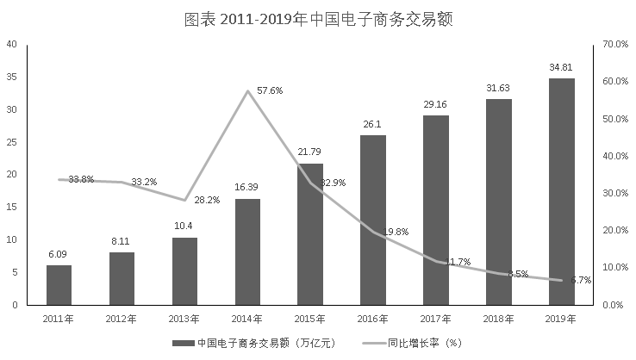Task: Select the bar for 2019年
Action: tap(561, 191)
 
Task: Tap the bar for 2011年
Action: tap(59, 285)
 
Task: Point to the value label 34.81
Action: tap(561, 66)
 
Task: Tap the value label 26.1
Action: tap(373, 124)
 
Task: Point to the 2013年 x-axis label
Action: tap(184, 319)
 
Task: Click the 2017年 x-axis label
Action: tap(435, 319)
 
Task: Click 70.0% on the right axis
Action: tap(613, 44)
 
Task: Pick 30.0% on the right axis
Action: tap(613, 193)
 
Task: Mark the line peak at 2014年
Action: tap(247, 91)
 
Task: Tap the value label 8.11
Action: tap(122, 241)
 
